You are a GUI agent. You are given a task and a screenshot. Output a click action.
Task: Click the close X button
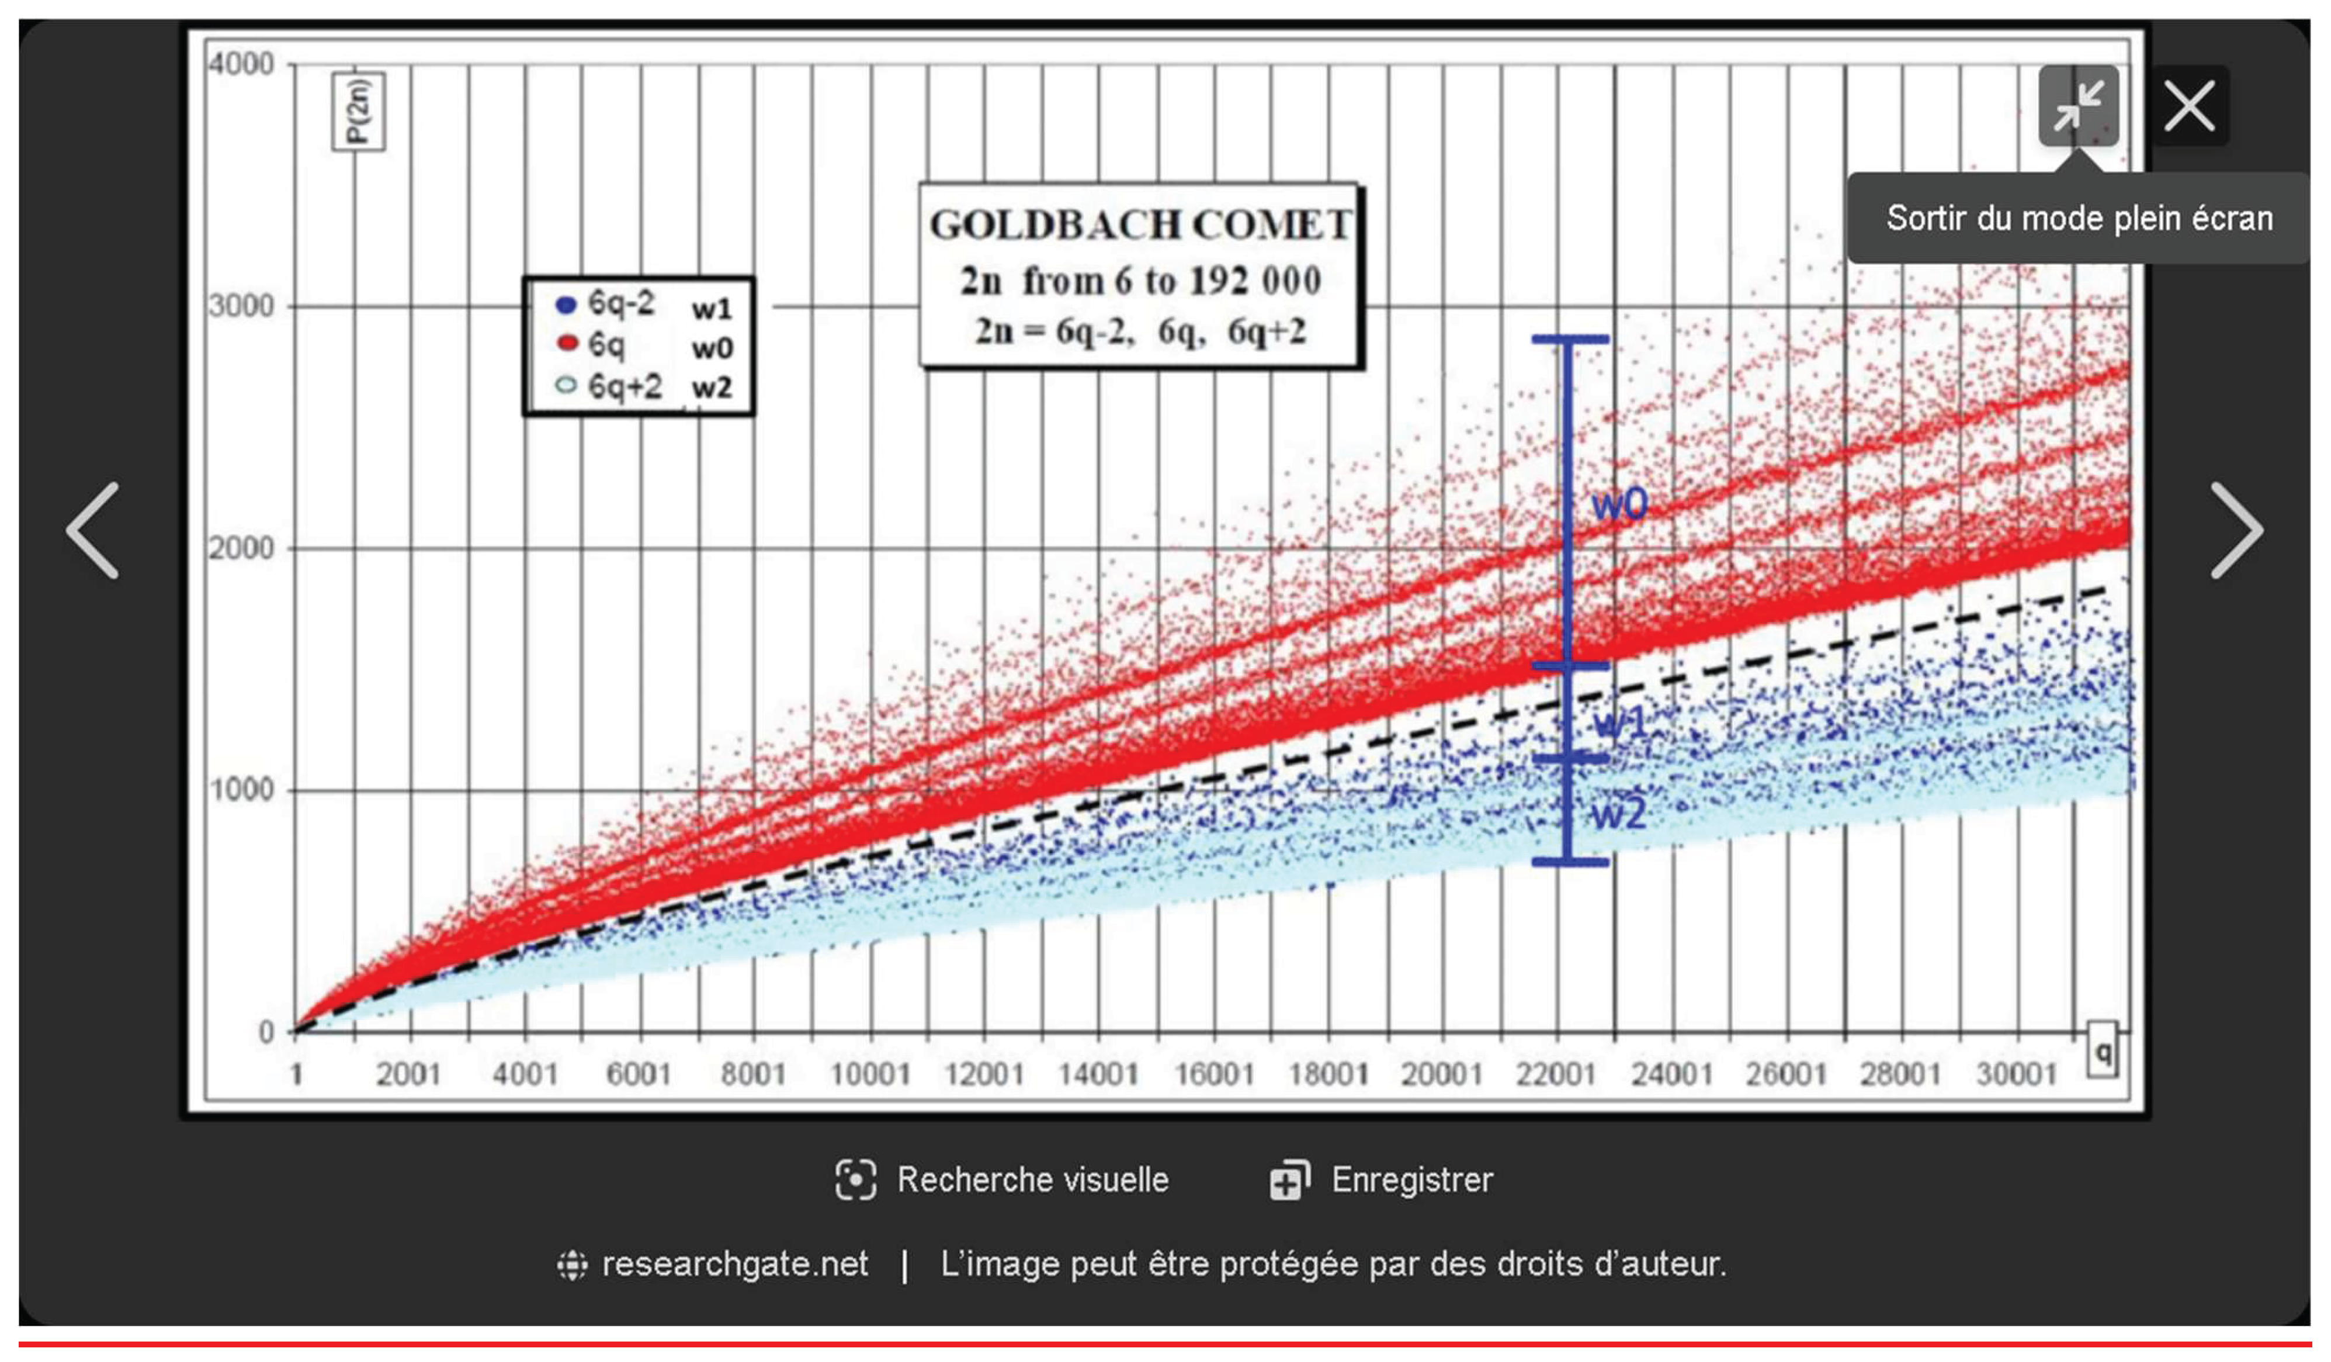click(x=2188, y=106)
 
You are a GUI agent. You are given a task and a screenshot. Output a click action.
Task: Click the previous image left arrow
click(x=92, y=530)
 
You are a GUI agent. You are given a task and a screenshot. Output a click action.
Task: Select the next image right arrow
click(x=2236, y=530)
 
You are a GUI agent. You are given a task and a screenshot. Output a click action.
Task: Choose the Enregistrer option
click(x=1382, y=1180)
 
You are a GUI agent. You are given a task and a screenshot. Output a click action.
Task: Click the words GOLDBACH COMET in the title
click(x=1140, y=225)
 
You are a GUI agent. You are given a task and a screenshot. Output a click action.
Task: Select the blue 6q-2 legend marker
click(x=565, y=305)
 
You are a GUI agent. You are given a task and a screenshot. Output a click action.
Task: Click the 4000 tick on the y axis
click(x=241, y=65)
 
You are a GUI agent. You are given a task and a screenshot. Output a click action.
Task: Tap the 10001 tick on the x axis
click(x=869, y=1074)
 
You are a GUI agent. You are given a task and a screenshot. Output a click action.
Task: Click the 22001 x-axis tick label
click(x=1556, y=1074)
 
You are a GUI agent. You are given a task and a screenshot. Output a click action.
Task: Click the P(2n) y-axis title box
click(x=359, y=111)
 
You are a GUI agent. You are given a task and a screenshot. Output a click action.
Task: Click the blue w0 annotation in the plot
click(x=1619, y=504)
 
